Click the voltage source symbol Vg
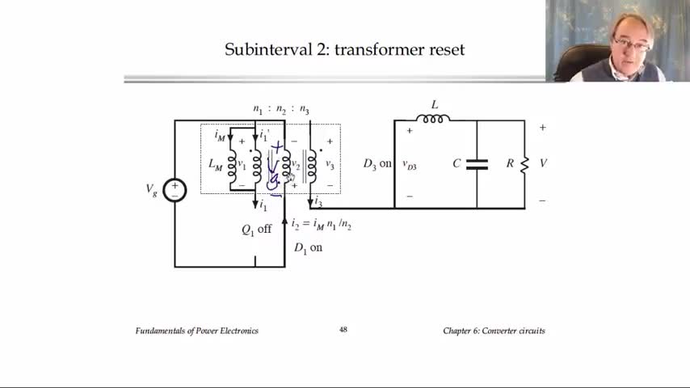tap(175, 191)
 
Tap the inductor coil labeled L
tap(433, 119)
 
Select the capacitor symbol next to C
tap(477, 164)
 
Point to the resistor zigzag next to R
tap(524, 164)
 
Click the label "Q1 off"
tap(256, 230)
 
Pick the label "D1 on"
tap(308, 248)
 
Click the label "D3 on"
tap(377, 164)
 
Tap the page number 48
tap(343, 330)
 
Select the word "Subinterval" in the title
tap(263, 50)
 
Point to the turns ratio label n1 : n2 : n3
tap(281, 110)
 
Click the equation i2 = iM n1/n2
tap(321, 224)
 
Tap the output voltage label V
tap(543, 163)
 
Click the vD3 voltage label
tap(410, 164)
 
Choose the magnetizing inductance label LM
tap(215, 164)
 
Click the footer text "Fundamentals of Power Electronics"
tap(196, 331)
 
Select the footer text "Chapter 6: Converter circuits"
tap(494, 331)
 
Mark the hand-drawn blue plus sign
tap(278, 148)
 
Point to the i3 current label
tap(318, 201)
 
